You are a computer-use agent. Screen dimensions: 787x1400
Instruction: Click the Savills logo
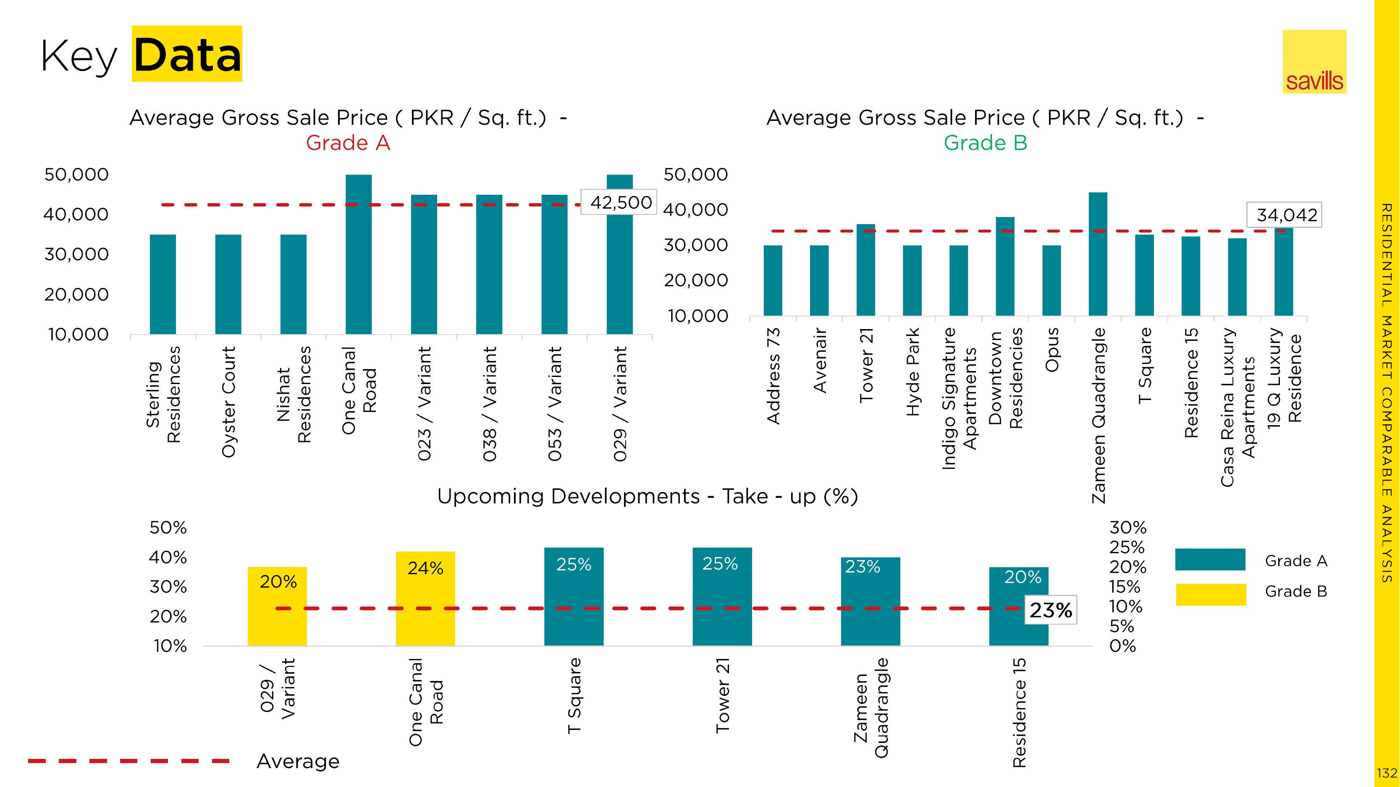pyautogui.click(x=1314, y=62)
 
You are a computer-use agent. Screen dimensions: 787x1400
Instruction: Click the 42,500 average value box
pyautogui.click(x=619, y=203)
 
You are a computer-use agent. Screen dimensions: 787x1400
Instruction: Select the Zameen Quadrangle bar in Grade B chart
pyautogui.click(x=1098, y=254)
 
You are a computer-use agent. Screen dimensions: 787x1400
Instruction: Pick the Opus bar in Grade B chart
pyautogui.click(x=1051, y=280)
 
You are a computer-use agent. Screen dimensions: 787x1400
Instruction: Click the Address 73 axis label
pyautogui.click(x=773, y=375)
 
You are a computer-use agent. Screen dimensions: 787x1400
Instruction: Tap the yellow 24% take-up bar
pyautogui.click(x=425, y=599)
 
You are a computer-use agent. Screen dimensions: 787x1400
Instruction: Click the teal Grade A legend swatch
pyautogui.click(x=1210, y=560)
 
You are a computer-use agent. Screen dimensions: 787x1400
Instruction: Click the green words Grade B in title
pyautogui.click(x=985, y=143)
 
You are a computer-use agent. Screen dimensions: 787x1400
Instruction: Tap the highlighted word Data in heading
pyautogui.click(x=187, y=54)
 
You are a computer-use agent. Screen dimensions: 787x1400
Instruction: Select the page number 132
pyautogui.click(x=1387, y=773)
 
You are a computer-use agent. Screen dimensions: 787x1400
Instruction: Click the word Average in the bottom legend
pyautogui.click(x=298, y=761)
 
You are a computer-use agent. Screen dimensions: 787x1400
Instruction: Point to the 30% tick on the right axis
pyautogui.click(x=1128, y=527)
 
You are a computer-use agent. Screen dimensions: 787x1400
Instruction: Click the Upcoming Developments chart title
pyautogui.click(x=647, y=497)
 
